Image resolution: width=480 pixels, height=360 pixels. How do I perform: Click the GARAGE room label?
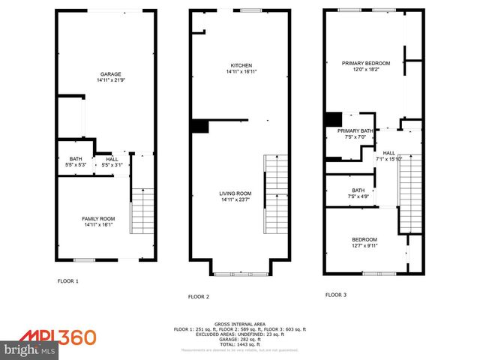point(111,73)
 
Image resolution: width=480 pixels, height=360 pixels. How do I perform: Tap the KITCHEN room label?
point(241,65)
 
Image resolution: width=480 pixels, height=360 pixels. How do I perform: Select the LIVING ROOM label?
point(235,193)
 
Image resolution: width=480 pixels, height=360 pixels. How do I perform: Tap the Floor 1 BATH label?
point(76,158)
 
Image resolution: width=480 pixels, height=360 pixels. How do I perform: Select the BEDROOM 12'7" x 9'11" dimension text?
point(365,245)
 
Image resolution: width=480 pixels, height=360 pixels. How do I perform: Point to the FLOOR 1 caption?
point(68,281)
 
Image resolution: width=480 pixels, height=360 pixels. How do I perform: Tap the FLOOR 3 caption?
point(336,295)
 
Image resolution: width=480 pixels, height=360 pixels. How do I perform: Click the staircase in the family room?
point(142,211)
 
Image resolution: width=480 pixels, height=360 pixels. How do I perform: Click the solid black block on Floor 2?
point(199,126)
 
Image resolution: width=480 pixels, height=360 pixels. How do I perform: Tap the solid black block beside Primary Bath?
point(333,119)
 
